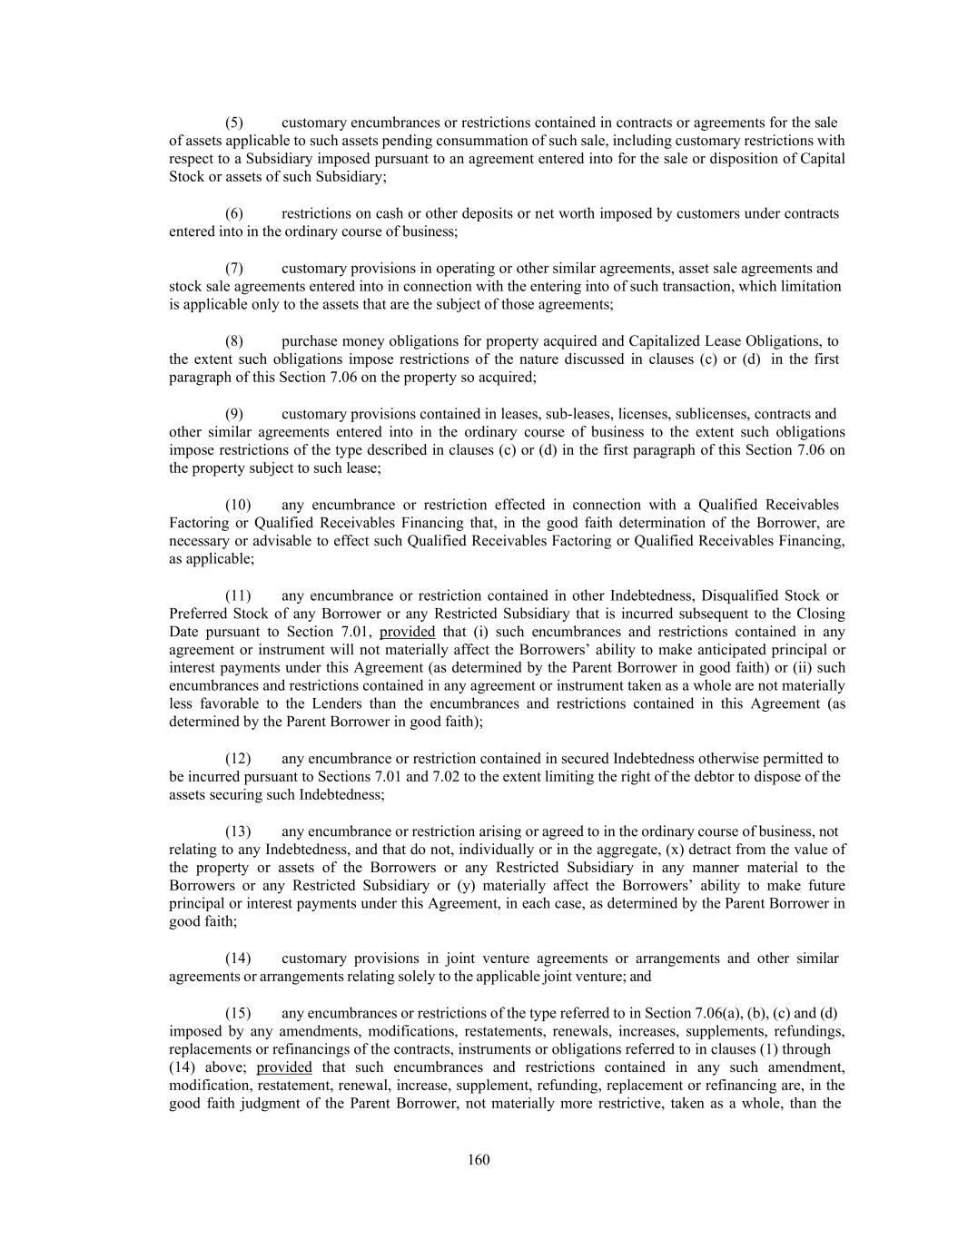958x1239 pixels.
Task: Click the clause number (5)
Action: (234, 123)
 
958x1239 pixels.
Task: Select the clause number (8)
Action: (234, 341)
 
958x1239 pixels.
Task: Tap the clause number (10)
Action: (238, 505)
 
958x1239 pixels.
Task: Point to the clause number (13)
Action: (238, 831)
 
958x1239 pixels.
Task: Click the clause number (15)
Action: (238, 1013)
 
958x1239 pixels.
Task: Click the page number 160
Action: (479, 1160)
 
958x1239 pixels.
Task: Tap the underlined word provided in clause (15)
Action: (284, 1067)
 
